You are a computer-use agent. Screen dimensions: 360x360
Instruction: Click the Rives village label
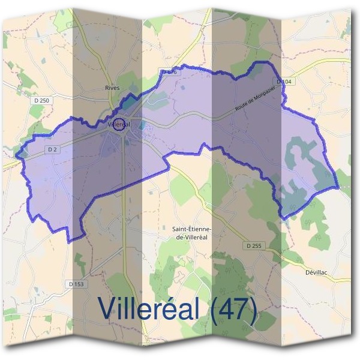click(x=112, y=88)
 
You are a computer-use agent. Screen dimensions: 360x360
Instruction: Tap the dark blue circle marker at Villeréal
click(x=119, y=125)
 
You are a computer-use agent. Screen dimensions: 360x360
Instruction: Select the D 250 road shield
click(x=41, y=101)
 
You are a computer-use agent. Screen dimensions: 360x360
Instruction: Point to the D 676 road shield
click(x=169, y=72)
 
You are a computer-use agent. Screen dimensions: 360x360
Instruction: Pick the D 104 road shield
click(x=284, y=80)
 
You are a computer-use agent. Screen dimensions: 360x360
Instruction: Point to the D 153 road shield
click(x=76, y=284)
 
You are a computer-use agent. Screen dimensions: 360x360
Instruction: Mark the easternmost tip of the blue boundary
click(x=339, y=188)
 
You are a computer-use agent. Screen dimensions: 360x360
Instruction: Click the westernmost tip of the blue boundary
click(x=16, y=157)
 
